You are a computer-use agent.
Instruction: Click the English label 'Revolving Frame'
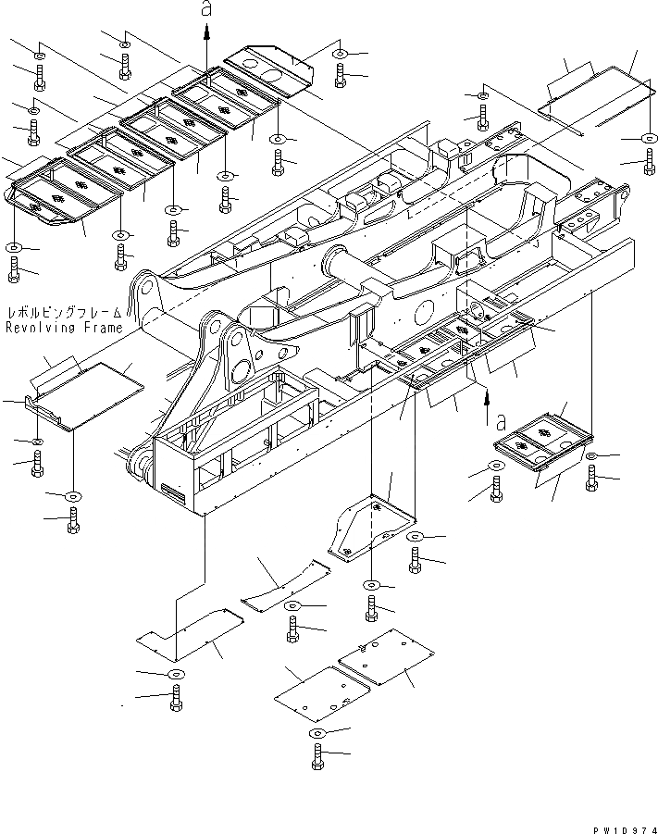tap(64, 328)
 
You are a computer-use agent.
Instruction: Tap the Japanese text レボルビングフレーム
tap(64, 314)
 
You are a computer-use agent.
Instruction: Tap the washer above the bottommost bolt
tap(317, 733)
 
